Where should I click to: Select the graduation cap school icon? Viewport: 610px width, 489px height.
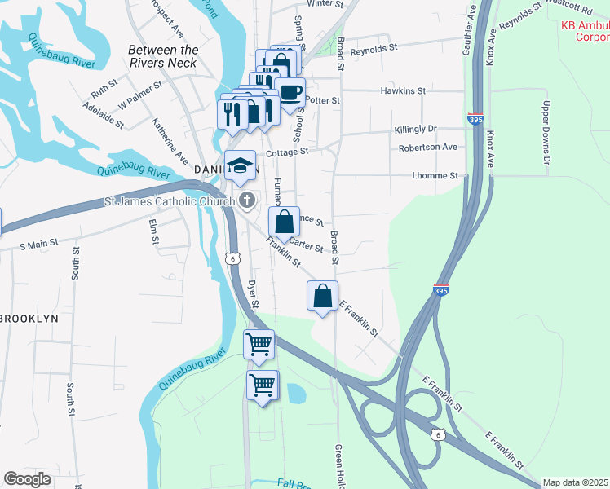(240, 165)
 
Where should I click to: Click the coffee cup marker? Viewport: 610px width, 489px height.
(290, 92)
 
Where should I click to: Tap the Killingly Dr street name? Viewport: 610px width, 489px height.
(416, 130)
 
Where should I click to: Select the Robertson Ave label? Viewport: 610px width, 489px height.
(427, 148)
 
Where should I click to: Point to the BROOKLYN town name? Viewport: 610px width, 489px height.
(29, 319)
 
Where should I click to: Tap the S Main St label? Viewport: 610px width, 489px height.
(39, 243)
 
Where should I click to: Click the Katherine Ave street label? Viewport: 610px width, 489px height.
(170, 139)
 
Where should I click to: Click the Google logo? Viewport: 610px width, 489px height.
(27, 479)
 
